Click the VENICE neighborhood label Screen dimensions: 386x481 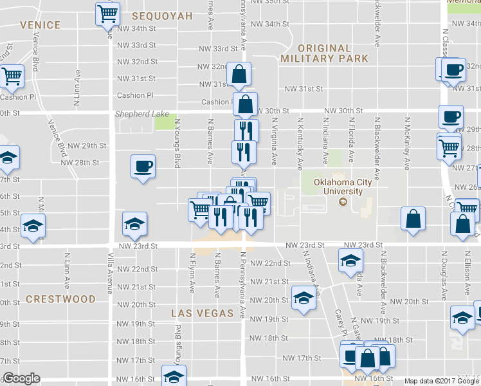point(40,25)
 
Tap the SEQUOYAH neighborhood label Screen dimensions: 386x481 point(162,15)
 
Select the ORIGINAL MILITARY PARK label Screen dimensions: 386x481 point(324,53)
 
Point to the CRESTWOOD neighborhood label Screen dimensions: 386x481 point(60,299)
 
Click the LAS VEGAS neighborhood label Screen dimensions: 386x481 point(202,313)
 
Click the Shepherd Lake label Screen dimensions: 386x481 point(141,114)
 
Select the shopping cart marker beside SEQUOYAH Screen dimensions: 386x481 point(107,14)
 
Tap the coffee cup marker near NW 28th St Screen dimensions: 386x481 point(143,166)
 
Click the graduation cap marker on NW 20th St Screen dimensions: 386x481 point(304,297)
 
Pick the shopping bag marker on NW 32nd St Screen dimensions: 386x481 point(239,75)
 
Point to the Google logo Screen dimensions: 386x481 point(21,378)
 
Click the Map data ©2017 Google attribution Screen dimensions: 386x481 point(442,381)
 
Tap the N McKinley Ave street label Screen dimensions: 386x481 point(407,143)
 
